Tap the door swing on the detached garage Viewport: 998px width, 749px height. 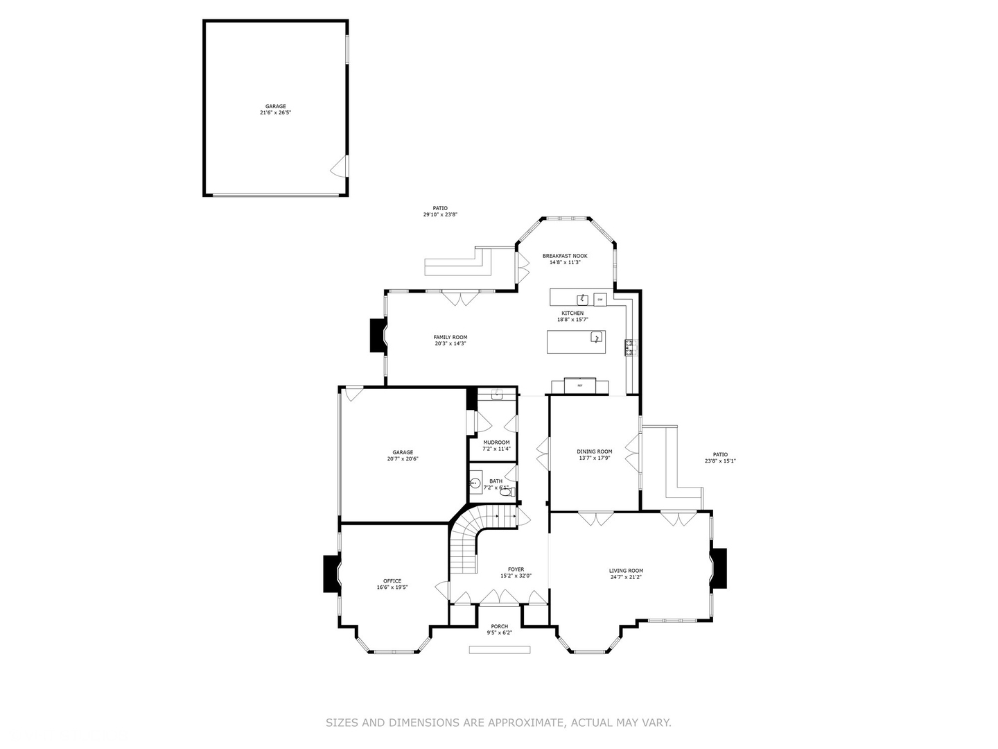(340, 166)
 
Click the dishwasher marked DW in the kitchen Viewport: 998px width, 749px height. (599, 299)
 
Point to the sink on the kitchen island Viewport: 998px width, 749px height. (595, 337)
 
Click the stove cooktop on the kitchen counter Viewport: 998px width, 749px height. (630, 347)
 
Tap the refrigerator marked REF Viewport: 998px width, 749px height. (579, 385)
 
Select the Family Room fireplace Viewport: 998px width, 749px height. (378, 336)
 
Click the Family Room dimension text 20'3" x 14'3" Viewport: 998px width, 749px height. (450, 343)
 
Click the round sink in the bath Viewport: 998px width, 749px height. (475, 483)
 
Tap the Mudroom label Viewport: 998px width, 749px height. (496, 442)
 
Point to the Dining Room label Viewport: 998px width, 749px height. (594, 451)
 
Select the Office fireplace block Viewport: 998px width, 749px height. (331, 574)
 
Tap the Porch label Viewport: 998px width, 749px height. (499, 626)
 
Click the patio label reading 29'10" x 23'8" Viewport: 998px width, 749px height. (440, 214)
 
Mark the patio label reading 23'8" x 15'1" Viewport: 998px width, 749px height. (720, 460)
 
